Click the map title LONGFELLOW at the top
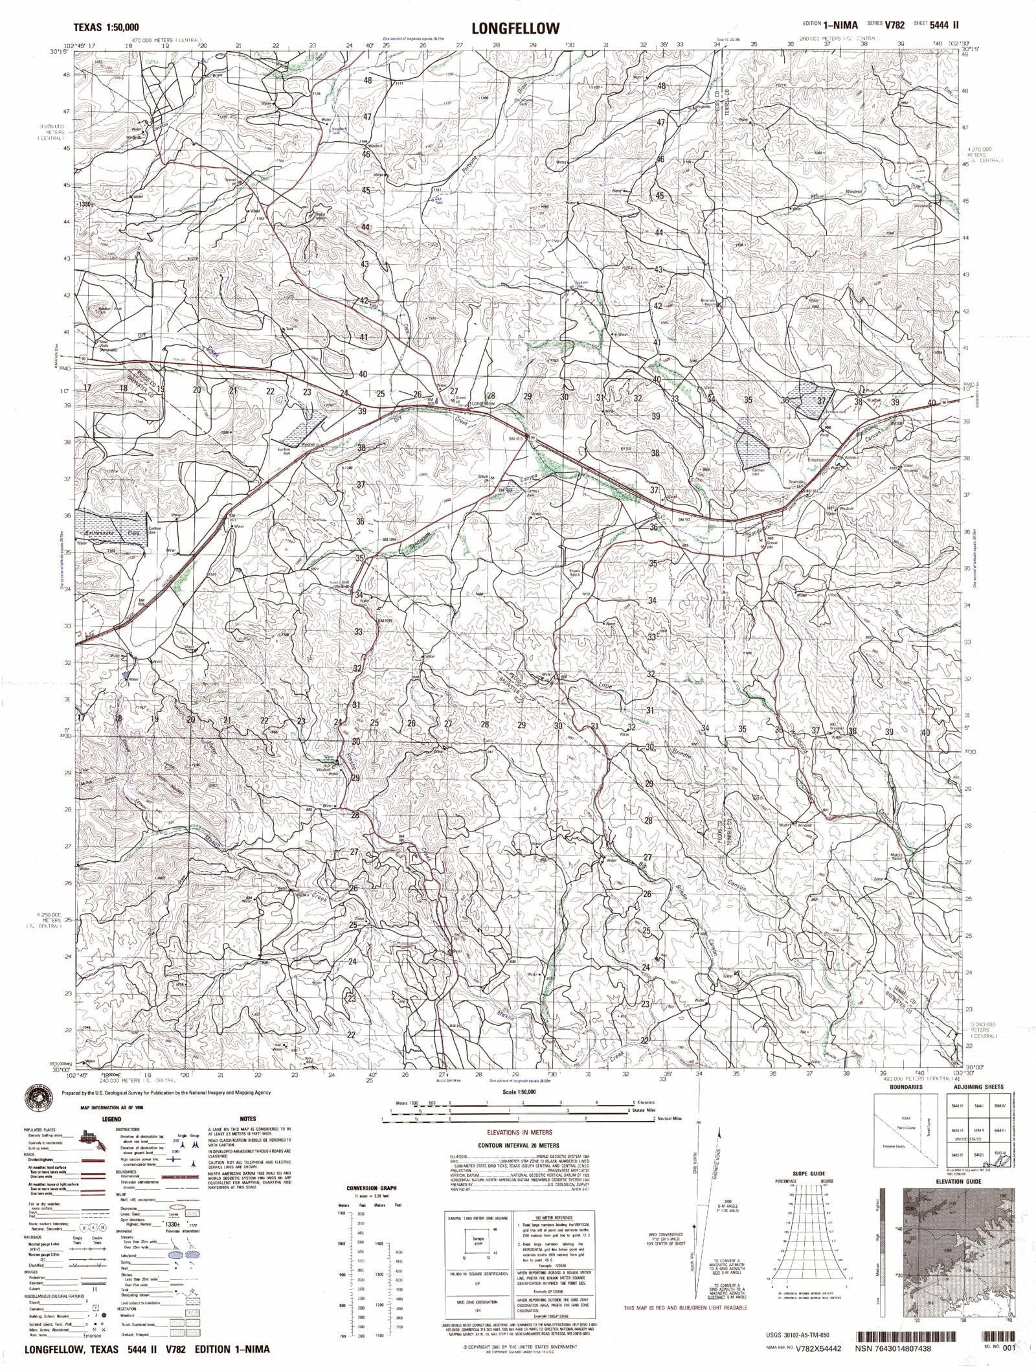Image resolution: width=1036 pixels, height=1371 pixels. [x=507, y=28]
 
